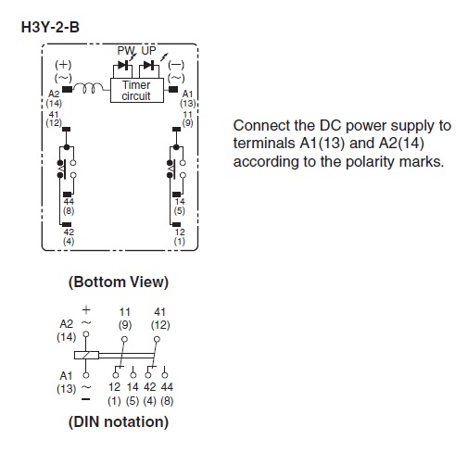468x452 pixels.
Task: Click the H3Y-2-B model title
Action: pos(50,27)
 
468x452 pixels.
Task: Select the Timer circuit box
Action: pos(137,90)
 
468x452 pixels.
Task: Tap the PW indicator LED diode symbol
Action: pos(123,65)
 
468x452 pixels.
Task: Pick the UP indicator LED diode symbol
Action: pos(149,65)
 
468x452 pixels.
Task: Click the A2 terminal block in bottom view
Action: pos(67,90)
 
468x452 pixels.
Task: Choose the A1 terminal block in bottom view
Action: pos(173,89)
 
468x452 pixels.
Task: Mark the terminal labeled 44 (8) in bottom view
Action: pos(67,195)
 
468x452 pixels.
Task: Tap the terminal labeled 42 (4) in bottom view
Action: pos(67,224)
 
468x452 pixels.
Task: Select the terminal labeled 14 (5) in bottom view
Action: pos(176,195)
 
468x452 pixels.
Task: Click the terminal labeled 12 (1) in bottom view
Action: pos(176,224)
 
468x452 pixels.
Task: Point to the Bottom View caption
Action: pos(119,282)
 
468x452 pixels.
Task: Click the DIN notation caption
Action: pos(119,421)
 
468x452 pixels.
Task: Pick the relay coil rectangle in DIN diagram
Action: pos(86,355)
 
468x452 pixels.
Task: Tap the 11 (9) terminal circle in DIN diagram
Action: pos(124,339)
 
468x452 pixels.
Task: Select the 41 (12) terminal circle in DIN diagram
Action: pos(157,339)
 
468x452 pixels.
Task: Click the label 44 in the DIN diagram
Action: pos(167,386)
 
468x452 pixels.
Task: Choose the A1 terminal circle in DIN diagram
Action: pos(86,375)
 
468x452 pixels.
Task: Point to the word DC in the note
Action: pos(330,125)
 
